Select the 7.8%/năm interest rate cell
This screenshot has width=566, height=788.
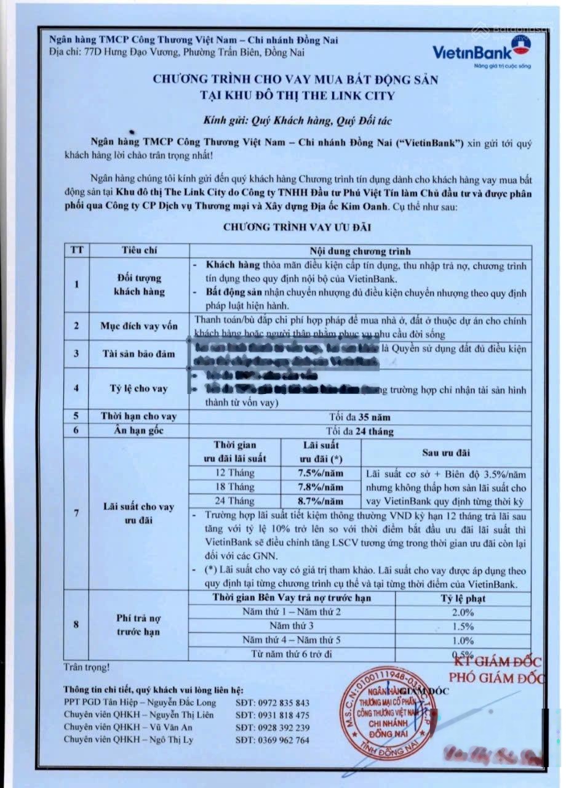coord(321,487)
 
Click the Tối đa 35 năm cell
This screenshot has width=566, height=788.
coord(360,417)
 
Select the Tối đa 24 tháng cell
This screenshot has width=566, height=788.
coord(360,431)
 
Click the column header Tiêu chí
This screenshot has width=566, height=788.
coord(135,251)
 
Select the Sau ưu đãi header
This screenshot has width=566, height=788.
coord(446,453)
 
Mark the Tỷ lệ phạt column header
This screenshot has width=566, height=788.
coord(463,598)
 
